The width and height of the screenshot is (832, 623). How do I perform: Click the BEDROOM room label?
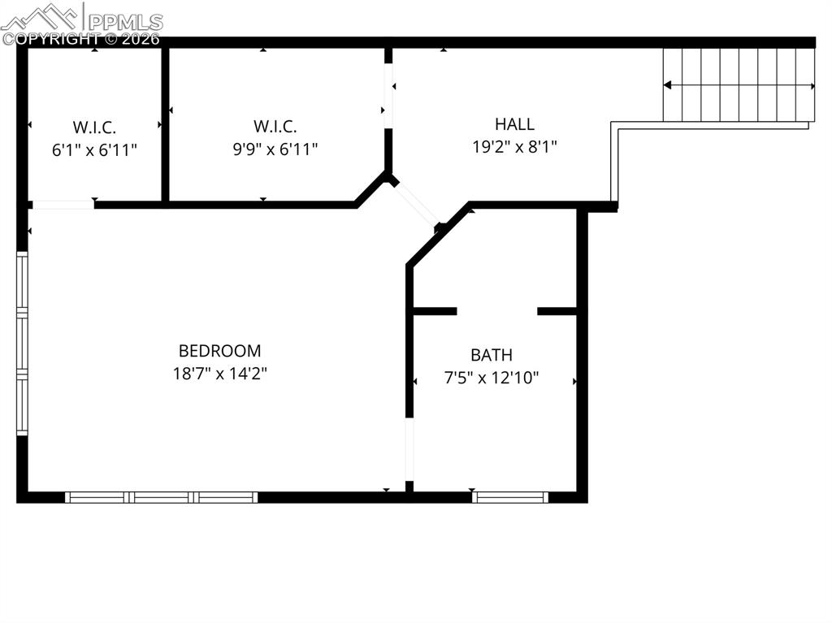point(219,351)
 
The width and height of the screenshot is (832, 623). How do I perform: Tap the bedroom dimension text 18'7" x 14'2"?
point(219,374)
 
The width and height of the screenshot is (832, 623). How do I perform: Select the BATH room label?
point(492,355)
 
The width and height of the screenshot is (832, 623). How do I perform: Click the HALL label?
point(514,124)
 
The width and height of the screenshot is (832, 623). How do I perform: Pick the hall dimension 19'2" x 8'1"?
point(514,147)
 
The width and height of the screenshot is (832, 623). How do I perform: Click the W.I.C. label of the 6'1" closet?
point(94,127)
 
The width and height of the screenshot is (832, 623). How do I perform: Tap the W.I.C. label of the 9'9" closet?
point(275,126)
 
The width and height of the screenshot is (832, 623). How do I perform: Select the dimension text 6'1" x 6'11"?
point(94,149)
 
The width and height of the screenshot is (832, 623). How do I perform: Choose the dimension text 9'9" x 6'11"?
point(275,149)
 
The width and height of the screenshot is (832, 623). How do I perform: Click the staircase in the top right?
point(739,84)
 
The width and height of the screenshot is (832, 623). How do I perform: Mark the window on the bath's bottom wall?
point(510,497)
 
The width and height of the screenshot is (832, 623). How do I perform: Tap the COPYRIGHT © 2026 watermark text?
point(80,38)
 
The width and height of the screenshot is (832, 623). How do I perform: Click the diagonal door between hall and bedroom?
point(417,204)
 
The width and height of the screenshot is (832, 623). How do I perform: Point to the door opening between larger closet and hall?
point(388,95)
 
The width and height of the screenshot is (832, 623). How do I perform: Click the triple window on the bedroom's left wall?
point(22,344)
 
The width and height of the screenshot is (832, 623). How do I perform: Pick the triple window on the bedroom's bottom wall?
point(162,497)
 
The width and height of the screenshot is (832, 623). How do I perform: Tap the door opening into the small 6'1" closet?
point(62,205)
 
